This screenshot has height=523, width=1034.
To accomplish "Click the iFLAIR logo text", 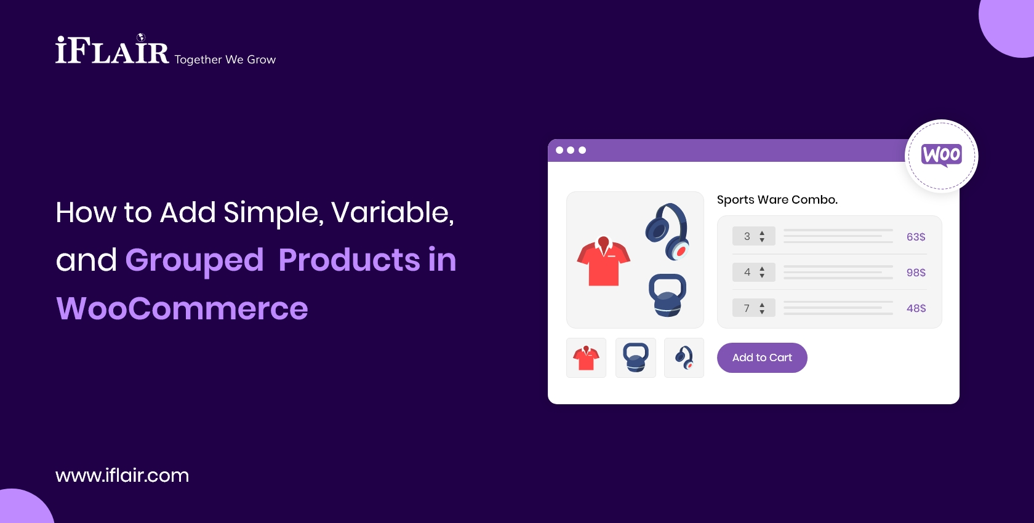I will coord(112,51).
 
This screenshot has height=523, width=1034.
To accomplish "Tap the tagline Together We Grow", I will coord(225,60).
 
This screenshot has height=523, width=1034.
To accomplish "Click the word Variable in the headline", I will coord(392,213).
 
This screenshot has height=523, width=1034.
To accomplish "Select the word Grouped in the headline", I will coord(194,260).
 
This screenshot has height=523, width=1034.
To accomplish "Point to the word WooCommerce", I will coord(182,308).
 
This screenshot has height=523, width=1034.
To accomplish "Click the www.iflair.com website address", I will coord(122,475).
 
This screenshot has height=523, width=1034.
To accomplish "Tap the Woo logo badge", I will coord(941,156).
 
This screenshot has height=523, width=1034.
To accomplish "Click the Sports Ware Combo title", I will coord(777,200).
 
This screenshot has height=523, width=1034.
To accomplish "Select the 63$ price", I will coord(916,237).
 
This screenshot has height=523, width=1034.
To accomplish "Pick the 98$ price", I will coord(916,273).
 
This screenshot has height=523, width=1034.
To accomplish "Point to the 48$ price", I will coord(916,308).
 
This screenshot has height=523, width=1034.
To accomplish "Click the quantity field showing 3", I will coord(753,236).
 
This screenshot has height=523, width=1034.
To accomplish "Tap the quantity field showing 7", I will coord(753,308).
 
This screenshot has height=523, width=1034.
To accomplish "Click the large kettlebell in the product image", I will coord(667,295).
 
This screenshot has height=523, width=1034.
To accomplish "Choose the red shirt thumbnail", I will coord(586,357).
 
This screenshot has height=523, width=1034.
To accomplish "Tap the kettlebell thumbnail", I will coord(636,357).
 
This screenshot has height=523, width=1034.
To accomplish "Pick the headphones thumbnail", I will coord(684,357).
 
